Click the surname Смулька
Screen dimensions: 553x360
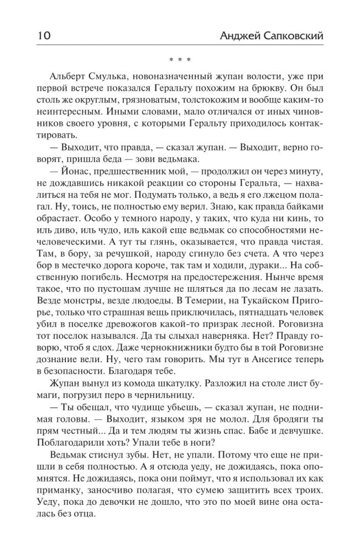click(x=109, y=75)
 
